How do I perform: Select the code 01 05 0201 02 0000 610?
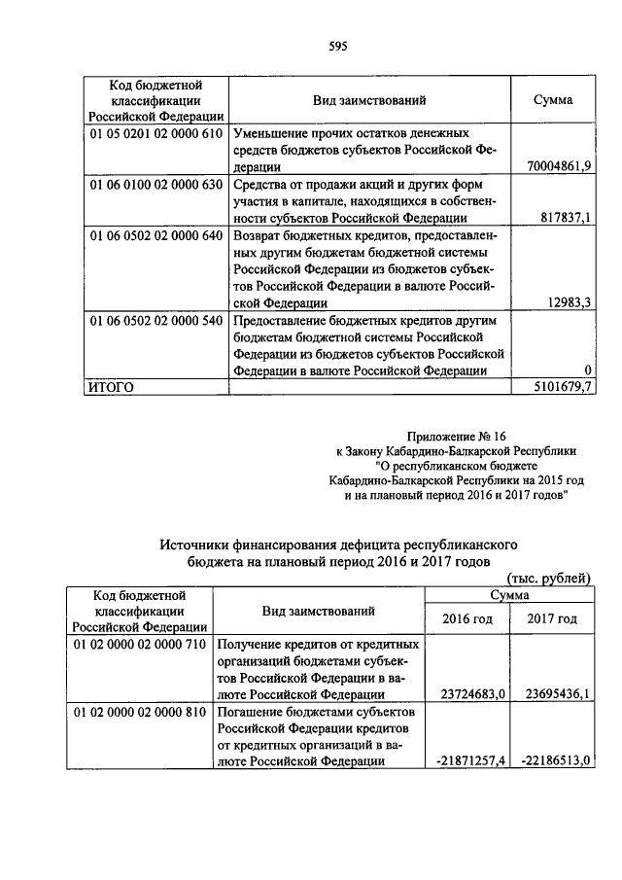pyautogui.click(x=156, y=132)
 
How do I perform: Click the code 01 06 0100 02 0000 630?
pyautogui.click(x=156, y=184)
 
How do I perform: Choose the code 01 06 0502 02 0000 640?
pyautogui.click(x=156, y=235)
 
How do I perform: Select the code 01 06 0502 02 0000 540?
pyautogui.click(x=156, y=320)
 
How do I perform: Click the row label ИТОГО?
pyautogui.click(x=111, y=387)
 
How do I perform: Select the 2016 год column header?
pyautogui.click(x=466, y=618)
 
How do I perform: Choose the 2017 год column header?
pyautogui.click(x=552, y=618)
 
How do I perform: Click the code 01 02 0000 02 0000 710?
pyautogui.click(x=140, y=644)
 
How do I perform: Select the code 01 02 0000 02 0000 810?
pyautogui.click(x=140, y=712)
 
